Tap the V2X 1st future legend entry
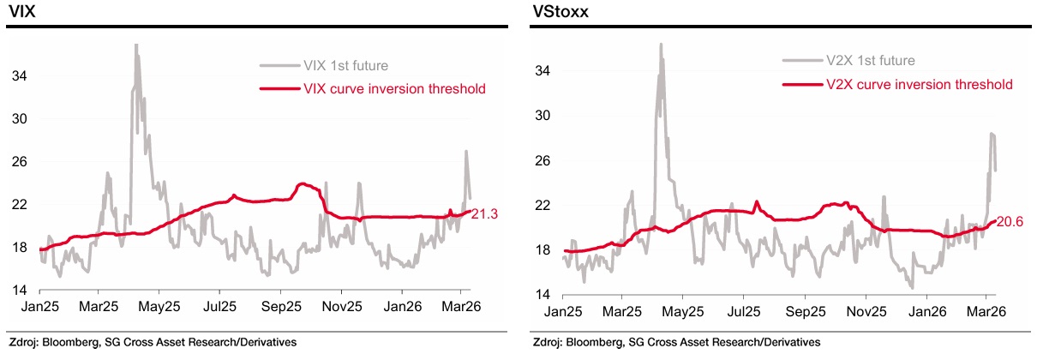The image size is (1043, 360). click(x=872, y=60)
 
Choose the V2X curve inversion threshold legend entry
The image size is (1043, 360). click(x=920, y=84)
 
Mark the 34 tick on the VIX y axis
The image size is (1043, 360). click(x=17, y=75)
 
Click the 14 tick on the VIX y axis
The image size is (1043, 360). click(x=17, y=291)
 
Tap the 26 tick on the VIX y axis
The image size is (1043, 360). click(x=17, y=161)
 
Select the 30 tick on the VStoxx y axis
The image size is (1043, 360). click(x=543, y=115)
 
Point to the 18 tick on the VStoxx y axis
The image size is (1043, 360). click(x=543, y=249)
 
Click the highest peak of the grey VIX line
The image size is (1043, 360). click(x=135, y=45)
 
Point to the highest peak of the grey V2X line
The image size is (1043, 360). click(x=661, y=44)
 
